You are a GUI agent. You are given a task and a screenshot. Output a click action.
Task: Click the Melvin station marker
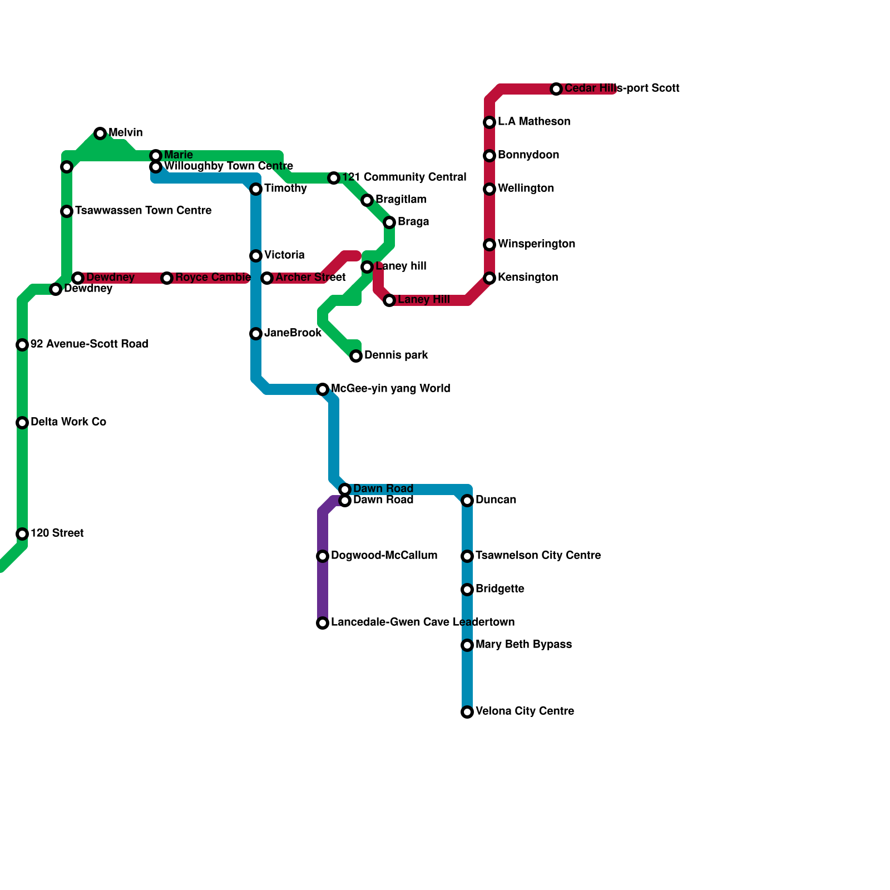point(100,133)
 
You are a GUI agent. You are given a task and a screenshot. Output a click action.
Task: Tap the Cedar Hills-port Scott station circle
point(556,89)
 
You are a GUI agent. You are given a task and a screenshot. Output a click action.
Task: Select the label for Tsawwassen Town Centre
point(143,211)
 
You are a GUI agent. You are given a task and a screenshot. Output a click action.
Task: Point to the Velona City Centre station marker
point(467,712)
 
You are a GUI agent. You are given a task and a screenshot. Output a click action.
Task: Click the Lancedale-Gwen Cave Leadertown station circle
point(323,623)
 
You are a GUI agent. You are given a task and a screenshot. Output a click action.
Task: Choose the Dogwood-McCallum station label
point(384,556)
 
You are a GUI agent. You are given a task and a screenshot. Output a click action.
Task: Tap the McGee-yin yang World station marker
point(323,389)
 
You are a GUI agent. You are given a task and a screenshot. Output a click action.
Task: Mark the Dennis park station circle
point(356,356)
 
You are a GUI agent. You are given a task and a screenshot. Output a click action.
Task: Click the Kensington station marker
point(489,278)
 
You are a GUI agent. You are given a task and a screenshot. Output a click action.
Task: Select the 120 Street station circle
point(22,534)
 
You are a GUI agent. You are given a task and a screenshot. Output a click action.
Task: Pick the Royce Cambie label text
point(212,278)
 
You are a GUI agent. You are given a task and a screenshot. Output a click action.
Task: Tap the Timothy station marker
point(256,189)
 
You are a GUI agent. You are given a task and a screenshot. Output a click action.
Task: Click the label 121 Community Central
point(404,177)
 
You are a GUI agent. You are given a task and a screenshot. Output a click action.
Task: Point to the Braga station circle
point(389,222)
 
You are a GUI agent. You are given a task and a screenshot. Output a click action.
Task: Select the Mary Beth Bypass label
point(523,645)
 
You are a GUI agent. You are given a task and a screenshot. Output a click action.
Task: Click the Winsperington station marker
point(489,245)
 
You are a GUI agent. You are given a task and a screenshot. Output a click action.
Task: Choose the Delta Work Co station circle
point(22,423)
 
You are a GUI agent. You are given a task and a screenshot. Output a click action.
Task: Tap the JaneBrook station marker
point(256,334)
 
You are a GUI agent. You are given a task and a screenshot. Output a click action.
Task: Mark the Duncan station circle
point(467,501)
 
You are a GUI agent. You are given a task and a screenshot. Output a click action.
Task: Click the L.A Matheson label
point(534,122)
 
